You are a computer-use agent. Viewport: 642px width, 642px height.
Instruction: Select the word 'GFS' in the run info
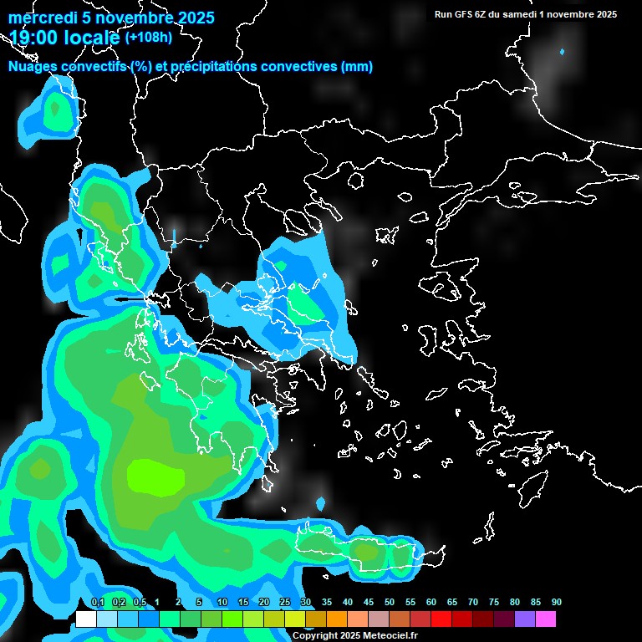[x=463, y=14]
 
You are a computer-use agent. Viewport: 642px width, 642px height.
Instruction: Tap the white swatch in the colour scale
[x=86, y=619]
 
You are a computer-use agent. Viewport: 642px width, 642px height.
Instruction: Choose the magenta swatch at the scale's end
[x=546, y=619]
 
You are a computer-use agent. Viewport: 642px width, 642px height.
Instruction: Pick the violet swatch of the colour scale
[x=525, y=619]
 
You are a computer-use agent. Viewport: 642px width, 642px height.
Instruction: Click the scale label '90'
[x=556, y=603]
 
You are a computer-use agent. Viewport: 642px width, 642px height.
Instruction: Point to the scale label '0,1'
[x=97, y=603]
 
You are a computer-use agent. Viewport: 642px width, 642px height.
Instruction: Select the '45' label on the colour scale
[x=369, y=603]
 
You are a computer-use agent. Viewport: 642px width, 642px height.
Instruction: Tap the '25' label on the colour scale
[x=285, y=603]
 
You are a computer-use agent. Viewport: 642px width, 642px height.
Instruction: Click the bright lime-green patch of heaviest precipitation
[x=155, y=477]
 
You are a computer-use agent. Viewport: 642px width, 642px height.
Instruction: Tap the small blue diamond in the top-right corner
[x=562, y=52]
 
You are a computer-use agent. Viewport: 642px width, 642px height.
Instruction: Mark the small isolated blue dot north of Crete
[x=321, y=503]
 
